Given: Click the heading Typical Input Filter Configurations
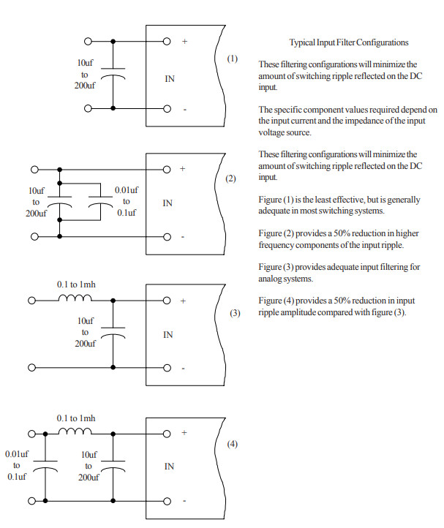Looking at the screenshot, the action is [349, 42].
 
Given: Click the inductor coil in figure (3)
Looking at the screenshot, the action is [75, 298].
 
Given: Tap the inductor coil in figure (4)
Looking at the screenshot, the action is [75, 431].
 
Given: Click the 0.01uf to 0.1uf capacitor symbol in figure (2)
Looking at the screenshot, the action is [100, 201].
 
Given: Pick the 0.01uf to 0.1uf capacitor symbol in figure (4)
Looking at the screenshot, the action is [45, 466].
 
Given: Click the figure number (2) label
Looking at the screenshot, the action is [230, 178].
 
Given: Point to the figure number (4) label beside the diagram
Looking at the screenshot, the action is [233, 444].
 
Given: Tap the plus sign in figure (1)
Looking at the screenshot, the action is [184, 42].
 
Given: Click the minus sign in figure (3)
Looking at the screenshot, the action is [184, 369].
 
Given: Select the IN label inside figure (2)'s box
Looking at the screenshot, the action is [168, 203].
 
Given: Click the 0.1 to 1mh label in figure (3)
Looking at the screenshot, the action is [76, 284].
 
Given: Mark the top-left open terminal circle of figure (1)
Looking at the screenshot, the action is [88, 42].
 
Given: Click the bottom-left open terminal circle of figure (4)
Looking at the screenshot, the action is [31, 501].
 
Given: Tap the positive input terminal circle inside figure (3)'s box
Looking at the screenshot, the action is [167, 301].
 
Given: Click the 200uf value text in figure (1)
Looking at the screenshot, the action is [85, 86].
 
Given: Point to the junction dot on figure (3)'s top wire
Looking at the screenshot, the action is [113, 301].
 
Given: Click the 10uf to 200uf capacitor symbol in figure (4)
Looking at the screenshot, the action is [113, 466].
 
